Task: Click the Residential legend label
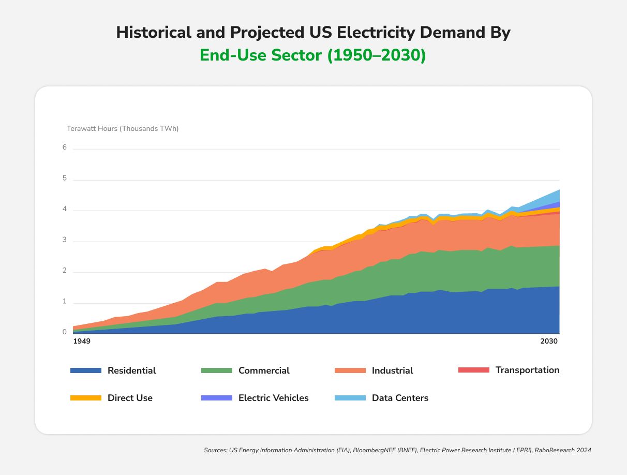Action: point(131,370)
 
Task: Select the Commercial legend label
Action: point(264,370)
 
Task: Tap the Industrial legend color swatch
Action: point(350,370)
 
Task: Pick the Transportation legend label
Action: point(527,370)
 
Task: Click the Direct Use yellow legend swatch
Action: point(85,398)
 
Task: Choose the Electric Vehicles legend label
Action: point(273,398)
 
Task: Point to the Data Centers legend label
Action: point(400,398)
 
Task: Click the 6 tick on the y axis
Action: point(65,147)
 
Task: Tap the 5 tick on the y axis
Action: point(65,179)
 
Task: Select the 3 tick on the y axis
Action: point(65,240)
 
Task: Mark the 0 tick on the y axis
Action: point(65,332)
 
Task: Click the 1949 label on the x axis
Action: point(82,342)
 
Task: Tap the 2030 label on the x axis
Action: point(549,342)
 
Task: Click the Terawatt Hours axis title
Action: point(123,128)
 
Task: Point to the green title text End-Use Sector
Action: point(262,55)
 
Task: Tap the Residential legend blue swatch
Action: point(85,370)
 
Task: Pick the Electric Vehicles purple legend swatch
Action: point(216,398)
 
